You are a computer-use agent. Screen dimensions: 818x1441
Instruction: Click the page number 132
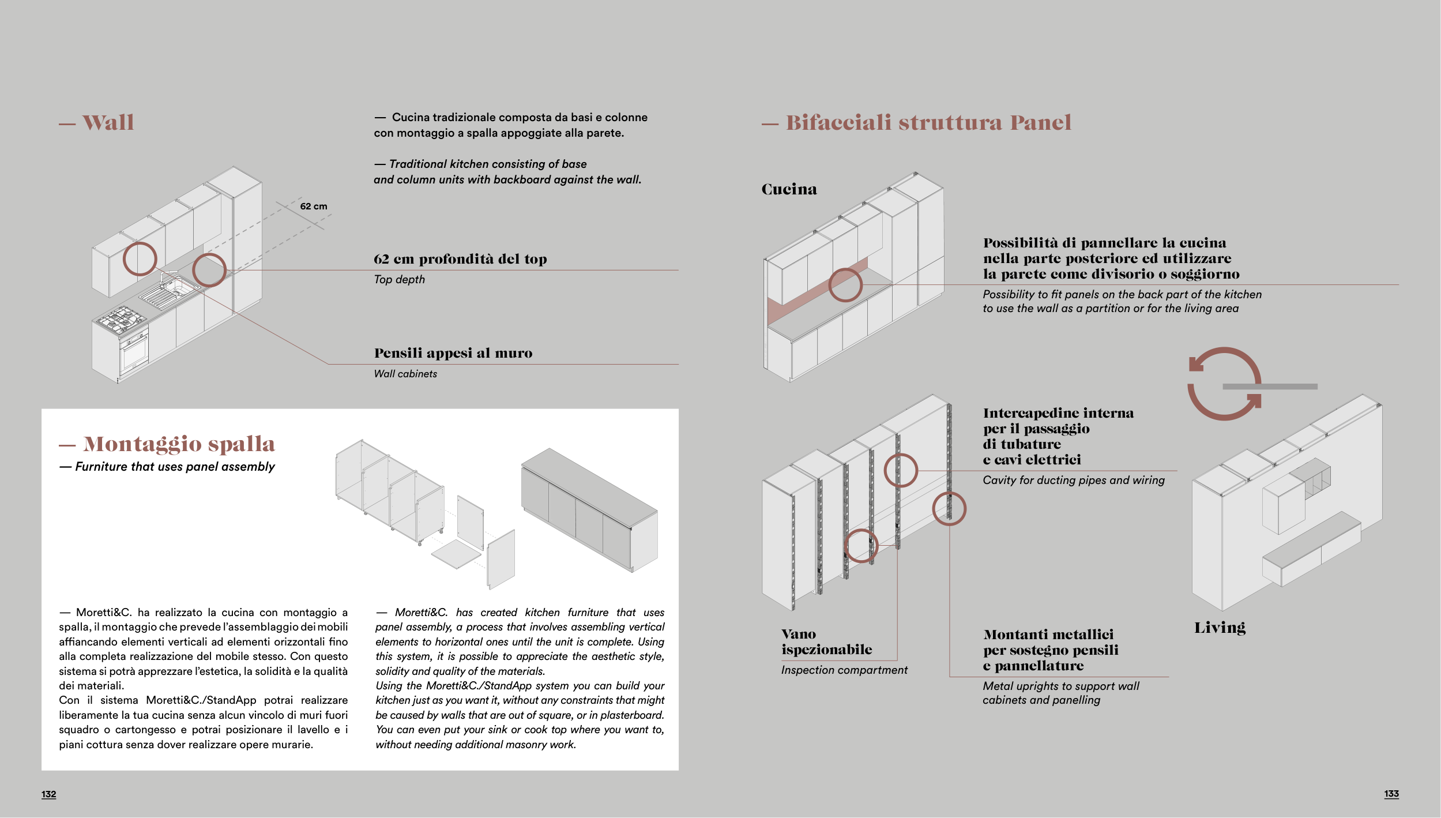[x=48, y=794]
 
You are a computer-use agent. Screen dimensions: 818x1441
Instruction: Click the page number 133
[x=1391, y=794]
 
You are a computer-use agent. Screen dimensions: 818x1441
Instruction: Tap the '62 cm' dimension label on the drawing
[x=313, y=207]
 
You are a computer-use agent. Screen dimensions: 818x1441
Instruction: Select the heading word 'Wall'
[x=108, y=122]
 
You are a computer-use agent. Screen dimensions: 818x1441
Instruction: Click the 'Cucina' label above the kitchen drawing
[x=789, y=189]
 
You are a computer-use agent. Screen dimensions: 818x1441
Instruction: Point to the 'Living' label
[x=1220, y=628]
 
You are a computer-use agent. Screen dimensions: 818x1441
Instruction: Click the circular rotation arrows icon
[x=1224, y=384]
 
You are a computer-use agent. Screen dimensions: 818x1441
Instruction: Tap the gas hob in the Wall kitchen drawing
[x=121, y=320]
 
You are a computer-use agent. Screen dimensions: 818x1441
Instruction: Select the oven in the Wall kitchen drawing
[x=134, y=352]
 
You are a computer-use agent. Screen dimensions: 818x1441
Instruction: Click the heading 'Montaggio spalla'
[x=179, y=444]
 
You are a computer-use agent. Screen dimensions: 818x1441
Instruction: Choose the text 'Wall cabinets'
[x=405, y=374]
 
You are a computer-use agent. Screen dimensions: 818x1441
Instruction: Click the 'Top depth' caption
[x=399, y=279]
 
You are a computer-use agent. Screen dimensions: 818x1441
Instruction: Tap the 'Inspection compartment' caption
[x=844, y=670]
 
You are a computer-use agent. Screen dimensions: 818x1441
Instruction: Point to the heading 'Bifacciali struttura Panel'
[x=928, y=122]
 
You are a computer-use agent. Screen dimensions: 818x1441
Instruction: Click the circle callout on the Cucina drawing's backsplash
[x=845, y=285]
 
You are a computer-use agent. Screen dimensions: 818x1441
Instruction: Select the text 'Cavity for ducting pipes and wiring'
[x=1073, y=480]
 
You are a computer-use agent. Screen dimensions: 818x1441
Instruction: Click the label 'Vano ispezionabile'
[x=826, y=642]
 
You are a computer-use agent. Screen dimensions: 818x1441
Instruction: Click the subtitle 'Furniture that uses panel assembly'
[x=175, y=467]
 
